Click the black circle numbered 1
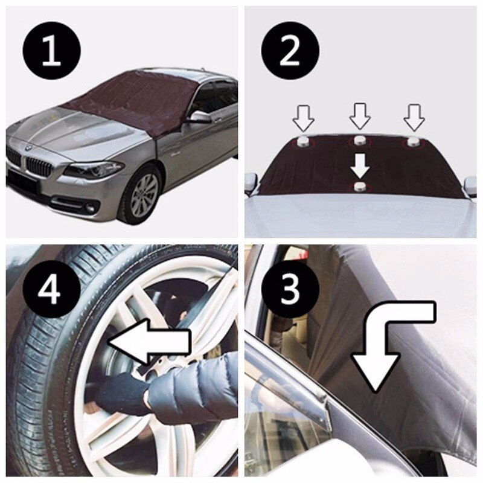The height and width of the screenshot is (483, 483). tap(51, 51)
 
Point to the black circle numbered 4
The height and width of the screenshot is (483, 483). tap(51, 290)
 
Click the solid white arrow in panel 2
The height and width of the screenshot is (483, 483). tap(360, 163)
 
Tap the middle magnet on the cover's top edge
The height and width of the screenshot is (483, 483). tap(360, 141)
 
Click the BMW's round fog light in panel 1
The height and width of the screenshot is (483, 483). tap(91, 209)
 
